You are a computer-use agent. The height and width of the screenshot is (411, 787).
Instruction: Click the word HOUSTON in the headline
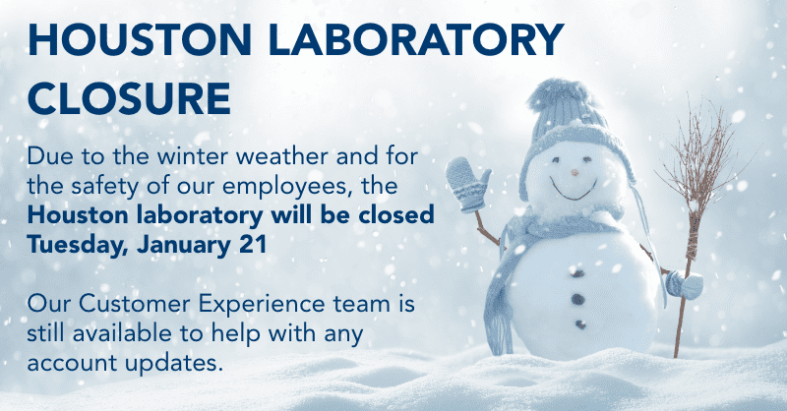click(140, 39)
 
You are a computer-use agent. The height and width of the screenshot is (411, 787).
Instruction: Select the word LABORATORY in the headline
click(416, 39)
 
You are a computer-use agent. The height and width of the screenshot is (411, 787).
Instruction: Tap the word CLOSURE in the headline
click(130, 98)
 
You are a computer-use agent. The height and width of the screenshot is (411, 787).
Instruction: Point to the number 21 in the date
click(253, 245)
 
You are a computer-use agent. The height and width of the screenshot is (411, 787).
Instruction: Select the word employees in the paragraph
click(287, 187)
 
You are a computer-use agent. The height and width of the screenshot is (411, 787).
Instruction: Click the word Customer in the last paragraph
click(135, 304)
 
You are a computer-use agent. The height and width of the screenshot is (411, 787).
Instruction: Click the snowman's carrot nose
click(575, 173)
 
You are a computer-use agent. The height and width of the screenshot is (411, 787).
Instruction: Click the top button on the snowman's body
click(577, 273)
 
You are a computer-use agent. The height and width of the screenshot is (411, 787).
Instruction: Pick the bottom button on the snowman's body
click(580, 324)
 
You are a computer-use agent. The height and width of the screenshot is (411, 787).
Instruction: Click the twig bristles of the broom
click(702, 155)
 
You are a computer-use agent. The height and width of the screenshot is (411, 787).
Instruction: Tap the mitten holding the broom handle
click(684, 284)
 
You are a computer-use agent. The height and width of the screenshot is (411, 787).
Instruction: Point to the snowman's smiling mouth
click(574, 191)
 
